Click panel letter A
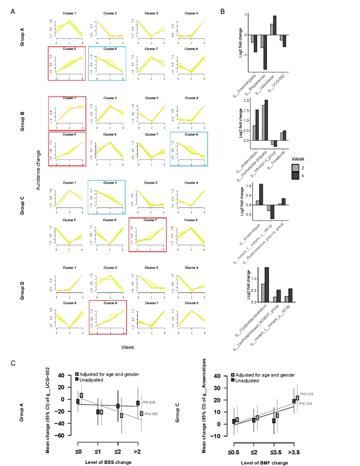coord(13,11)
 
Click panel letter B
coord(223,11)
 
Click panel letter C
coord(13,363)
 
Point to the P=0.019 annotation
coord(306,394)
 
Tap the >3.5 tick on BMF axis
coord(295,452)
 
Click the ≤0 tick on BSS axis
coord(78,452)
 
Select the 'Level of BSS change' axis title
coord(108,462)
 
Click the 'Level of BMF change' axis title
coord(264,463)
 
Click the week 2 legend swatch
coord(295,168)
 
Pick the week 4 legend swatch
coord(295,176)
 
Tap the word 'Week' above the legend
coord(298,159)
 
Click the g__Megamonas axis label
coord(255,85)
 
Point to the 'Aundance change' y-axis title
coord(38,170)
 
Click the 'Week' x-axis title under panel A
coord(127,347)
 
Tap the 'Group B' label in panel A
coord(22,124)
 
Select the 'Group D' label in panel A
coord(22,291)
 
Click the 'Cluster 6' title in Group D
coord(110,303)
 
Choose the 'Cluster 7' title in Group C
coord(150,220)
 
